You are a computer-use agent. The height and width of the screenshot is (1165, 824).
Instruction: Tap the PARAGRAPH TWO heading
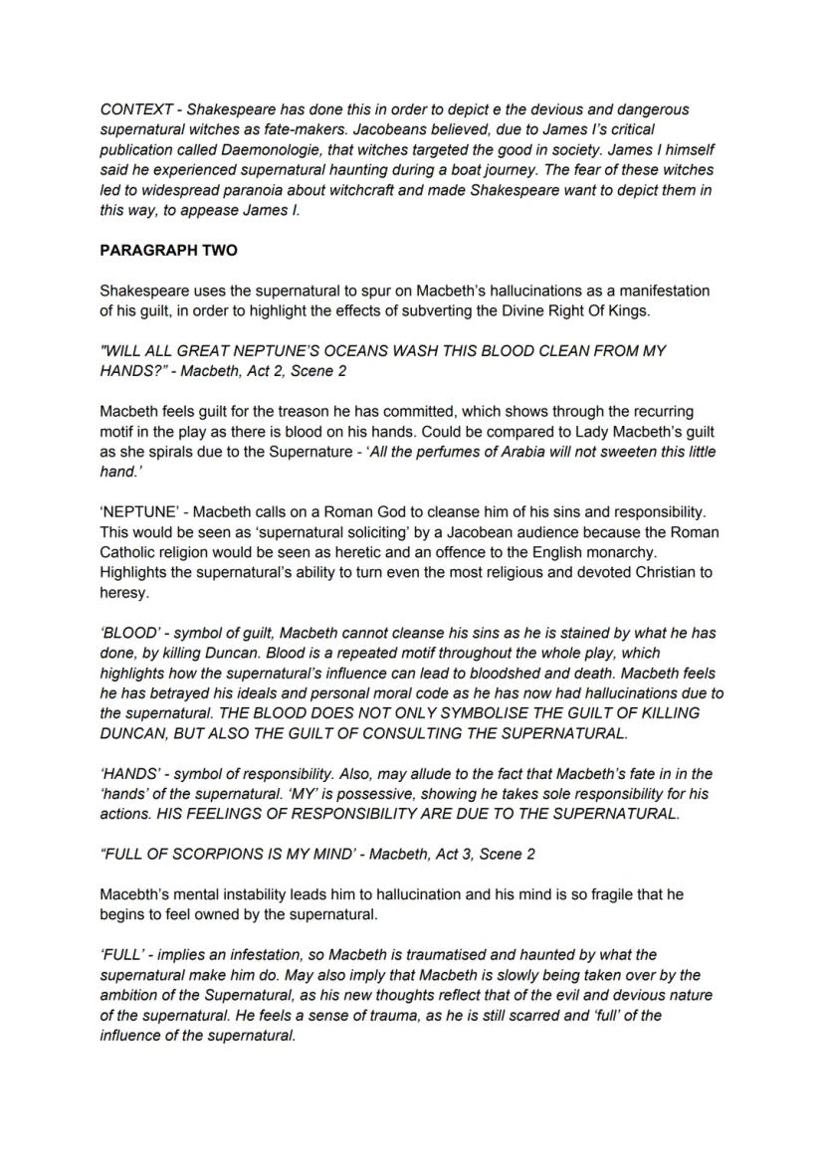(168, 251)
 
